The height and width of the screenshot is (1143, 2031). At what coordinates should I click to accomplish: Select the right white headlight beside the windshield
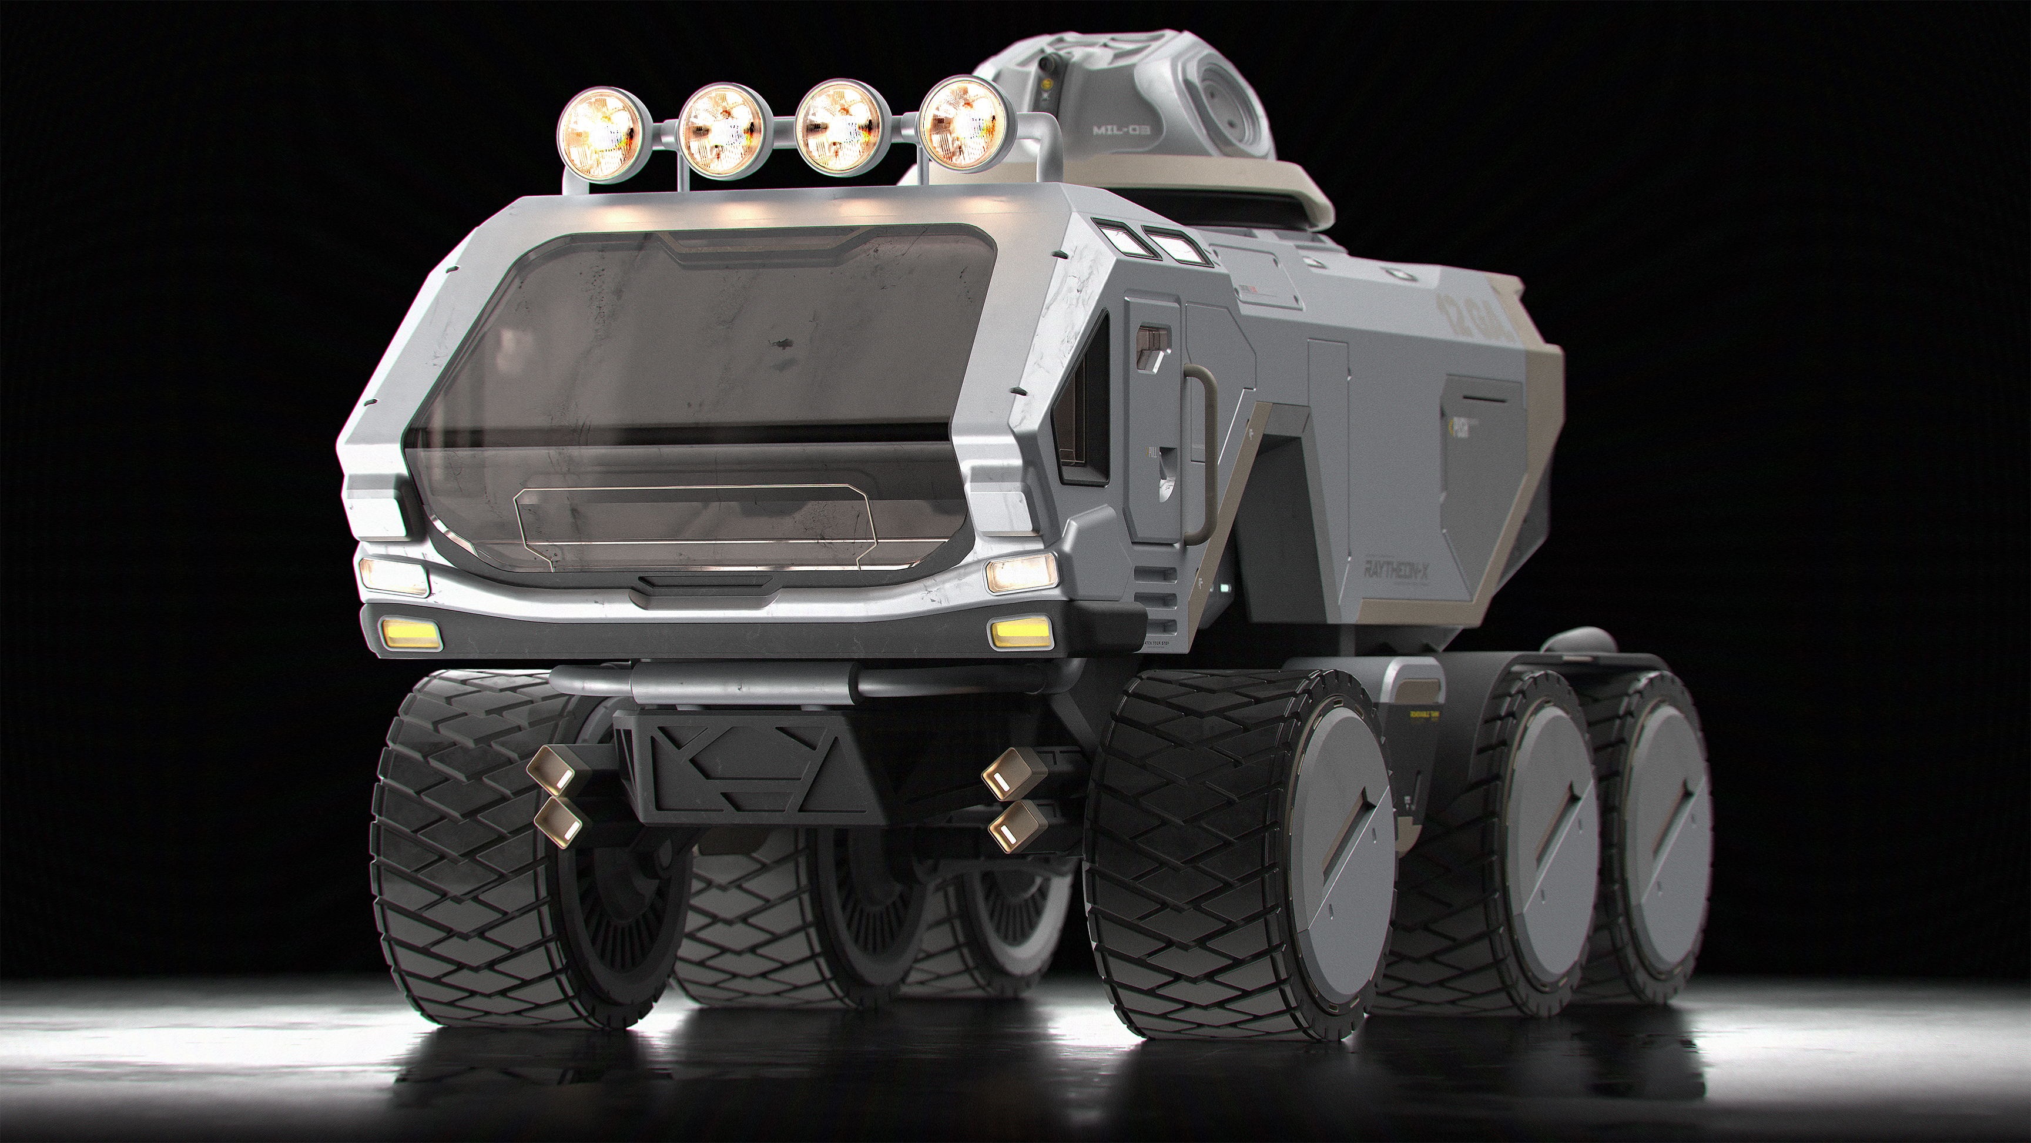[1020, 572]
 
